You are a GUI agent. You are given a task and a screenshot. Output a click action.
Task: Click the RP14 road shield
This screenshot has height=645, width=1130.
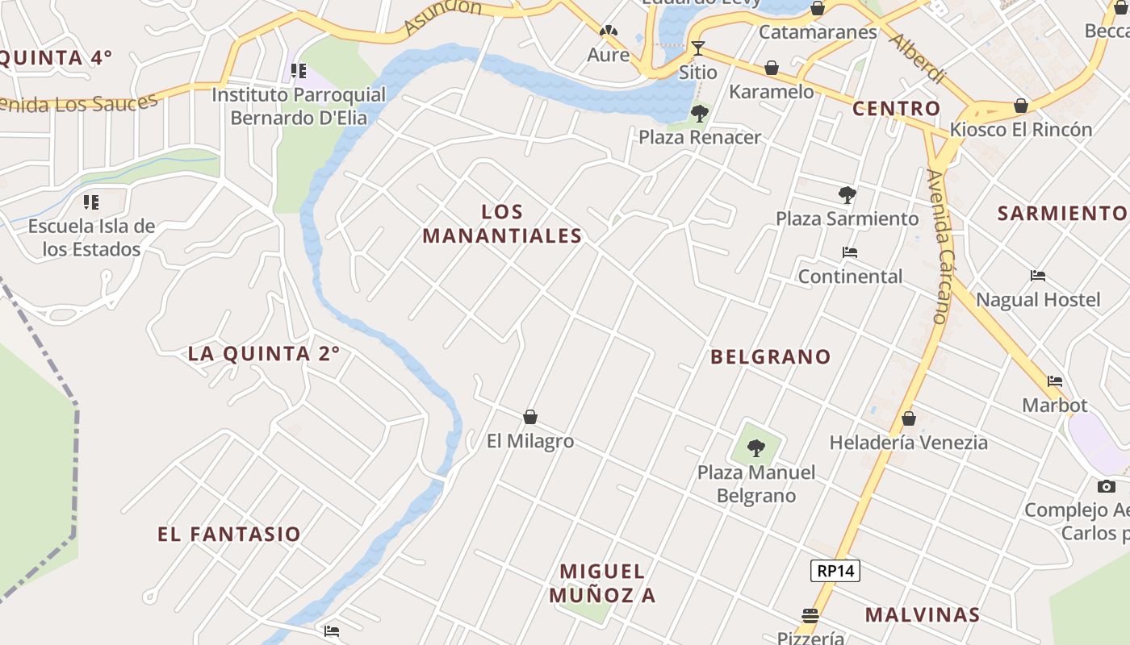[x=835, y=571]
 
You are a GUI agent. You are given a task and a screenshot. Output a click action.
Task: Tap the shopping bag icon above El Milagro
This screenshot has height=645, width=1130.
[x=530, y=417]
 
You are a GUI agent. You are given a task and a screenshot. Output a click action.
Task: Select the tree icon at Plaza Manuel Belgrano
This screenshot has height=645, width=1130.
[x=756, y=447]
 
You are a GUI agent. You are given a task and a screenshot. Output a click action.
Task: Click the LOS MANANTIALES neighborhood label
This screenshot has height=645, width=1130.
[x=502, y=224]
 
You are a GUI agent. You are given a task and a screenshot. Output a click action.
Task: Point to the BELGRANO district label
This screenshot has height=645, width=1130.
[x=770, y=356]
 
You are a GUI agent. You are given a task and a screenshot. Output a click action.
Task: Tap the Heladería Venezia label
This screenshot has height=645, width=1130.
[x=908, y=442]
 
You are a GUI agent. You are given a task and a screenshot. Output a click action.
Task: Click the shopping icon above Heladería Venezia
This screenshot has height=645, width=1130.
[x=909, y=418]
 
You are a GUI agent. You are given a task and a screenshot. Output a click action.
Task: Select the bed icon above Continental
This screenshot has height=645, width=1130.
[x=849, y=252]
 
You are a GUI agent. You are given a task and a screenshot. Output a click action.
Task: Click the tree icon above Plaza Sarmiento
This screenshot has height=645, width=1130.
[x=847, y=194]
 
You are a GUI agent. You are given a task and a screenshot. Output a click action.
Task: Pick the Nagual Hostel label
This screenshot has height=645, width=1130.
[x=1038, y=300]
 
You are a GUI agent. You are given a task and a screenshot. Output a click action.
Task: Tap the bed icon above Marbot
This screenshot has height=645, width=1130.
[x=1054, y=381]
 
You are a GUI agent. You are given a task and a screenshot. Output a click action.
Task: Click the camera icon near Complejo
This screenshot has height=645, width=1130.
[x=1106, y=486]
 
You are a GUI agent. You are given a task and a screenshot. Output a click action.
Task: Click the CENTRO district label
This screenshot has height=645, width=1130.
[x=896, y=108]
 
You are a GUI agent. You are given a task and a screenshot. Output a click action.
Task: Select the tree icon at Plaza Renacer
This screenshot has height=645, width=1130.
[x=700, y=113]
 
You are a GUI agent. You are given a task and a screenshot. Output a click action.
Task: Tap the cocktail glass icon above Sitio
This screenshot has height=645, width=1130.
[x=698, y=48]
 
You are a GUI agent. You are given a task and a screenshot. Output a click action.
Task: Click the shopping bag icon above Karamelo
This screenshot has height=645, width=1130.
[x=772, y=68]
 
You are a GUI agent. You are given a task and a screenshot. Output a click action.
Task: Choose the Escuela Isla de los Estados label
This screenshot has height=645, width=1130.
[x=91, y=238]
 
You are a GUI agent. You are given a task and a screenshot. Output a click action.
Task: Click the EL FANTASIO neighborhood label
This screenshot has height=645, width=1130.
[x=229, y=534]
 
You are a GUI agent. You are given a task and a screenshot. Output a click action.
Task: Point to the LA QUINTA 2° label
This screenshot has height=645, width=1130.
[x=264, y=353]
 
